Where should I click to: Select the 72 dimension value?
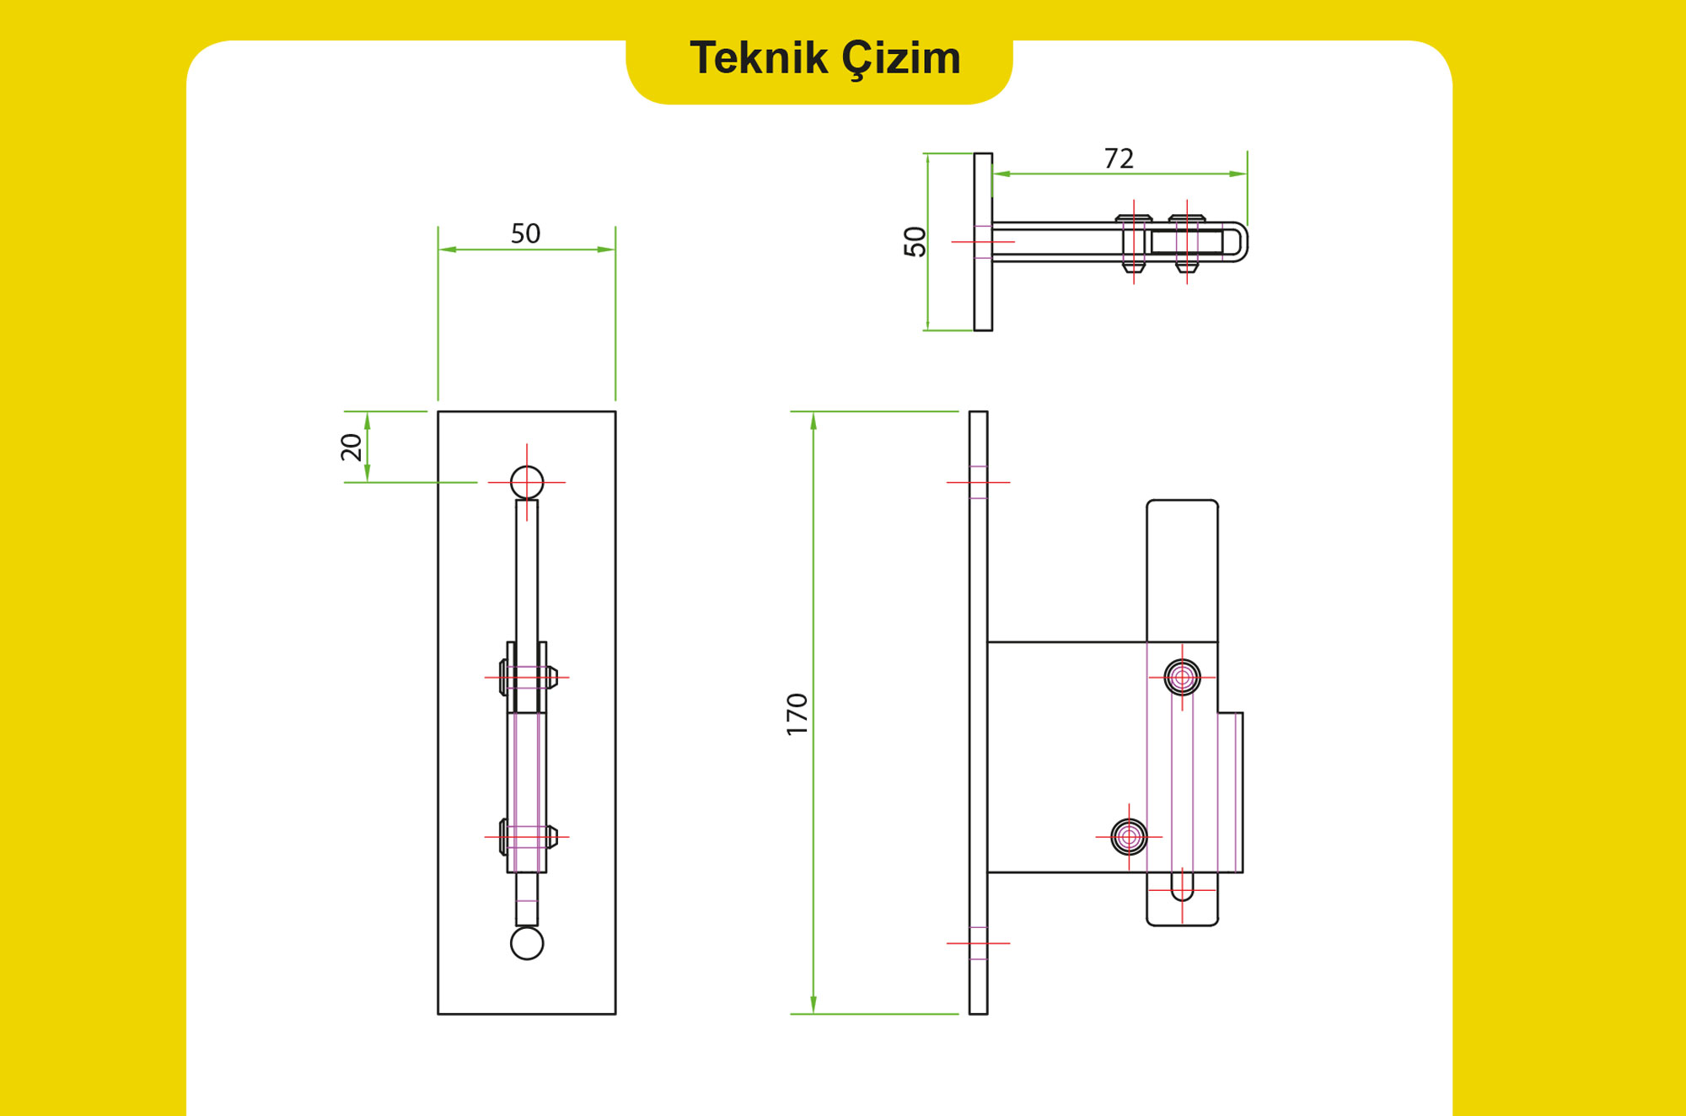[x=1119, y=158]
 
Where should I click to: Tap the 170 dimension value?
[x=797, y=714]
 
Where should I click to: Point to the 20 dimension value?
[x=352, y=447]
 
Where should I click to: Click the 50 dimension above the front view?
[x=525, y=233]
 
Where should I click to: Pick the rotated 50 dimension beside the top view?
[x=915, y=242]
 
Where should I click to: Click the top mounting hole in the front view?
[x=527, y=482]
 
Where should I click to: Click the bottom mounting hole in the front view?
[x=527, y=943]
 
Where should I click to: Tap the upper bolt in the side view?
[x=1182, y=677]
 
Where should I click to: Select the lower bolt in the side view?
[x=1129, y=837]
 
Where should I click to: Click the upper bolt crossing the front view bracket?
[x=528, y=677]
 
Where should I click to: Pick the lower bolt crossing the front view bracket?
[x=528, y=837]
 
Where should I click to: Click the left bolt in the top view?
[x=1134, y=243]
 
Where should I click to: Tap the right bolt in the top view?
[x=1187, y=243]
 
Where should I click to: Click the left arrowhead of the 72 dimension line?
[x=1001, y=174]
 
